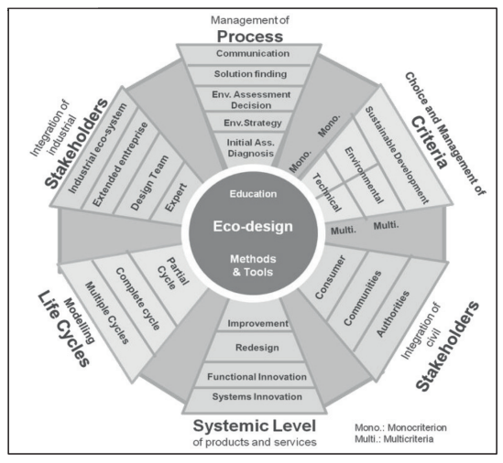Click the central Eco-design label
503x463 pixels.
(x=253, y=226)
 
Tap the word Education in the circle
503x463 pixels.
(x=253, y=194)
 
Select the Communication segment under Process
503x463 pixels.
(x=253, y=53)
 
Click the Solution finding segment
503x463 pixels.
(x=250, y=74)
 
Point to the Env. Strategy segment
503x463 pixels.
(x=253, y=123)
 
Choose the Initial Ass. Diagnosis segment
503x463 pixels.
(x=250, y=147)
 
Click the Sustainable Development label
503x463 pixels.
(x=397, y=155)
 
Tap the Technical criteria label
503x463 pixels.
(x=326, y=192)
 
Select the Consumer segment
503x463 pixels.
(x=330, y=277)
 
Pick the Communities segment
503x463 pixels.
(x=363, y=298)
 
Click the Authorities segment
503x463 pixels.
(x=393, y=314)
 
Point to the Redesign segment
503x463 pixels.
(x=257, y=348)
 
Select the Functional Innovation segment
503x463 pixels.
(x=257, y=376)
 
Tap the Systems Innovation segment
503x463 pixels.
(x=257, y=397)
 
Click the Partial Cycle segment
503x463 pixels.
(x=173, y=274)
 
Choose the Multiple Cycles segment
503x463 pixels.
(x=107, y=313)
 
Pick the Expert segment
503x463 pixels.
(x=176, y=198)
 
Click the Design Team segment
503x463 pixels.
(x=149, y=183)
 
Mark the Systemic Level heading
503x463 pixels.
(x=255, y=425)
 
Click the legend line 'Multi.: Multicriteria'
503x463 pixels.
(x=394, y=438)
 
